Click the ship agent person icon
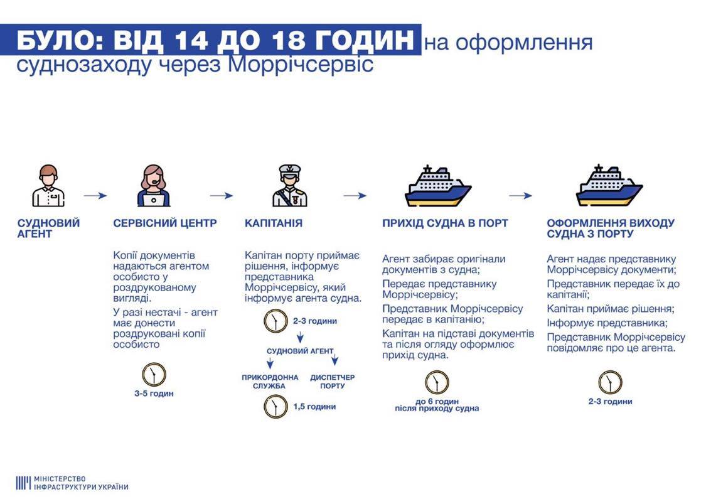pos(48,186)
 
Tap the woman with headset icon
pos(154,186)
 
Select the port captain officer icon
pos(289,186)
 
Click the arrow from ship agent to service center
pos(95,195)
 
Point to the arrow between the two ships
pos(520,195)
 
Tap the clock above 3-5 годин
pos(154,375)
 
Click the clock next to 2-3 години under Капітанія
pos(275,321)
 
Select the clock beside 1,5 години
pos(275,407)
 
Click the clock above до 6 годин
pos(437,382)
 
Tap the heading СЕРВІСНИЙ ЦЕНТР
pos(165,223)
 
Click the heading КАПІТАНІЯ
pos(274,223)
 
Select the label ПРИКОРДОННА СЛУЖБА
pos(270,382)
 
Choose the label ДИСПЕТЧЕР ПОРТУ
pos(332,382)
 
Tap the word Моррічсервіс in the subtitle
pos(301,65)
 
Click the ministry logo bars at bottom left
pos(23,483)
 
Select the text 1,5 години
pos(314,407)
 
